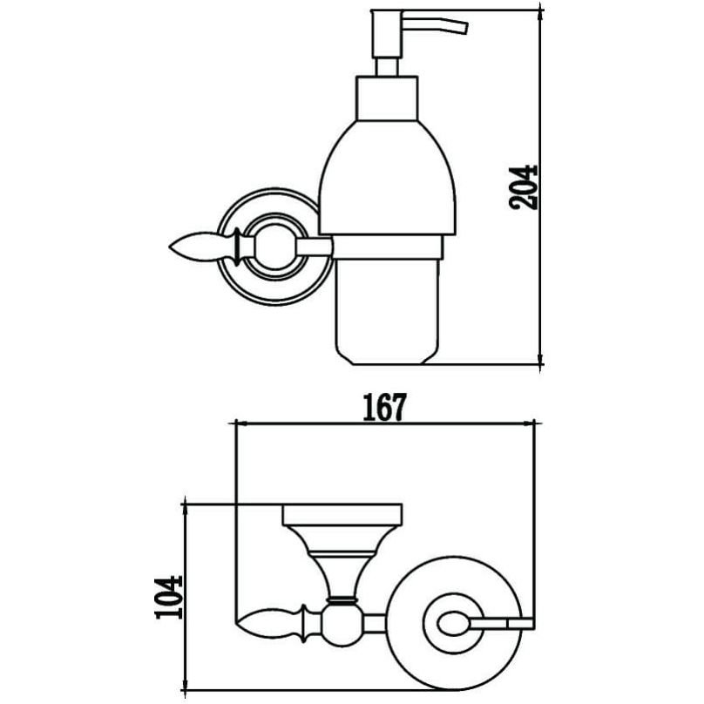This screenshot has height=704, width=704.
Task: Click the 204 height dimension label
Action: [x=523, y=187]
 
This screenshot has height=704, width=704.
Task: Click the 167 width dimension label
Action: [x=384, y=407]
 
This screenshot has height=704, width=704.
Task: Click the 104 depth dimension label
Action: [x=168, y=597]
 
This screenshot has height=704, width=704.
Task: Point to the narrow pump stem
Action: [x=387, y=66]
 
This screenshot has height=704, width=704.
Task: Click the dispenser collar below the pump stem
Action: [x=387, y=98]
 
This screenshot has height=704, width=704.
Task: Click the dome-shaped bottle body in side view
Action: [x=387, y=178]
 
